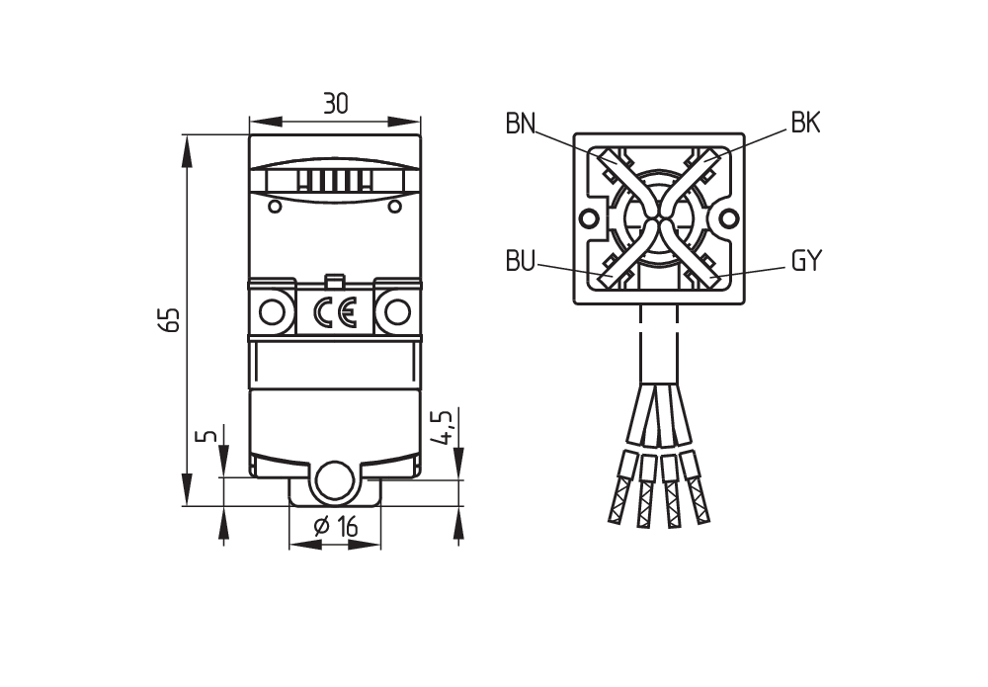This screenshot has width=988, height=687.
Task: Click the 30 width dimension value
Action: point(335,103)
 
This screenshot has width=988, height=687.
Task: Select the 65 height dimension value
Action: point(171,319)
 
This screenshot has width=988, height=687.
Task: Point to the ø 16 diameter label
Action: point(335,527)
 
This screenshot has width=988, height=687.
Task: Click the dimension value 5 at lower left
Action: point(211,436)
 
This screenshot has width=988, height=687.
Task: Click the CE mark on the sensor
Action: point(335,312)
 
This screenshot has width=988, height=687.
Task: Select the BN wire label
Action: point(521,124)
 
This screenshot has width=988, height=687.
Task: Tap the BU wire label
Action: point(520,261)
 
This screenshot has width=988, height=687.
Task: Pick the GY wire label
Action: point(806,260)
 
